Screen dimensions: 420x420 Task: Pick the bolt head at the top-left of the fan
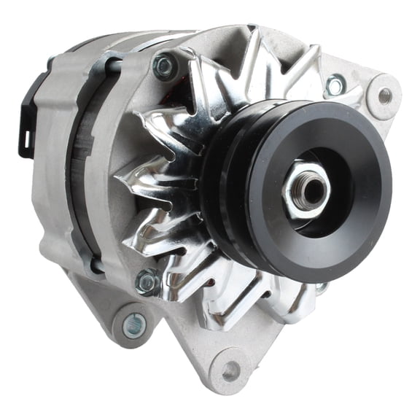click(x=165, y=67)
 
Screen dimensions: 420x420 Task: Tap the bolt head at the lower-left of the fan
click(x=147, y=281)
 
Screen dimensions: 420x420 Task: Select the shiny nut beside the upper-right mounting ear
click(x=335, y=85)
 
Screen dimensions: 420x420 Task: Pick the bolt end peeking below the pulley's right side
click(x=322, y=287)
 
